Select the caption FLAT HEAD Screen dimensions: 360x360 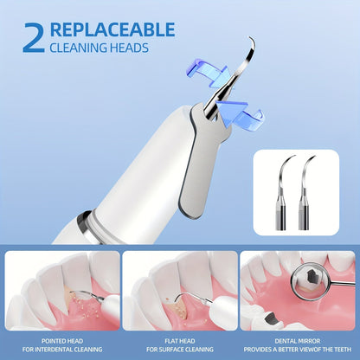[x=179, y=340]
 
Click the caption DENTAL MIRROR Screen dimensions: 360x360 [x=298, y=340]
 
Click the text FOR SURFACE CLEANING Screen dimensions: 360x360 [x=179, y=350]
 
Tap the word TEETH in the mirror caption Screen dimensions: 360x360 [x=344, y=350]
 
